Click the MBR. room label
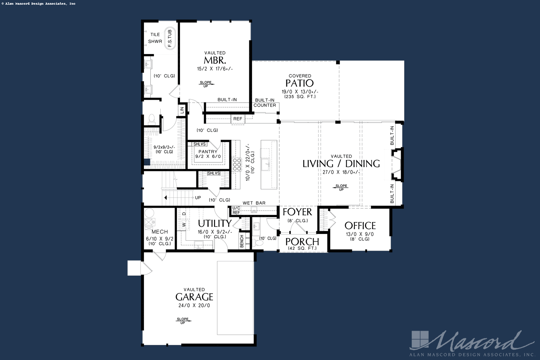pyautogui.click(x=215, y=61)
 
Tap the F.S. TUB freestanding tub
pyautogui.click(x=170, y=38)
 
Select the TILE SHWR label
pyautogui.click(x=155, y=38)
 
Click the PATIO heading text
pyautogui.click(x=299, y=83)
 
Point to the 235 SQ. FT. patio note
pyautogui.click(x=300, y=97)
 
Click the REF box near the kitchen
pyautogui.click(x=238, y=119)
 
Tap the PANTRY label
pyautogui.click(x=208, y=152)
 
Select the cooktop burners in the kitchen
pyautogui.click(x=237, y=165)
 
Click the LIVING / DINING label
pyautogui.click(x=341, y=164)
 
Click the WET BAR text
pyautogui.click(x=254, y=203)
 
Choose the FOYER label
pyautogui.click(x=297, y=212)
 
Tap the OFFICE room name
pyautogui.click(x=360, y=226)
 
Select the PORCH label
pyautogui.click(x=302, y=242)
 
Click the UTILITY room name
pyautogui.click(x=215, y=223)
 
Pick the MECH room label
pyautogui.click(x=160, y=232)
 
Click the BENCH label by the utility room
pyautogui.click(x=242, y=241)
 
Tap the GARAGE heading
pyautogui.click(x=194, y=297)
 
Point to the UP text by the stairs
pyautogui.click(x=198, y=198)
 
